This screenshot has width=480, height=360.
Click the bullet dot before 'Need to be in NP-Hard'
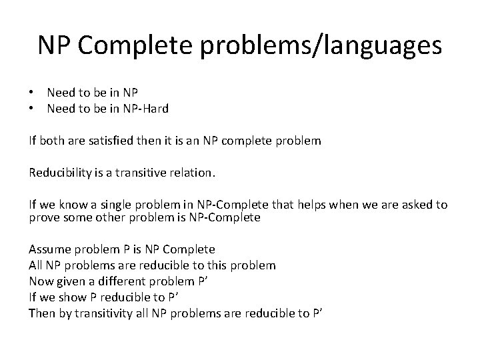(31, 109)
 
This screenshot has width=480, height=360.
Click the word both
(51, 141)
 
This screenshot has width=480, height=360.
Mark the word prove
(43, 217)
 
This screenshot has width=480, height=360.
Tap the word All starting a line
(36, 265)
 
